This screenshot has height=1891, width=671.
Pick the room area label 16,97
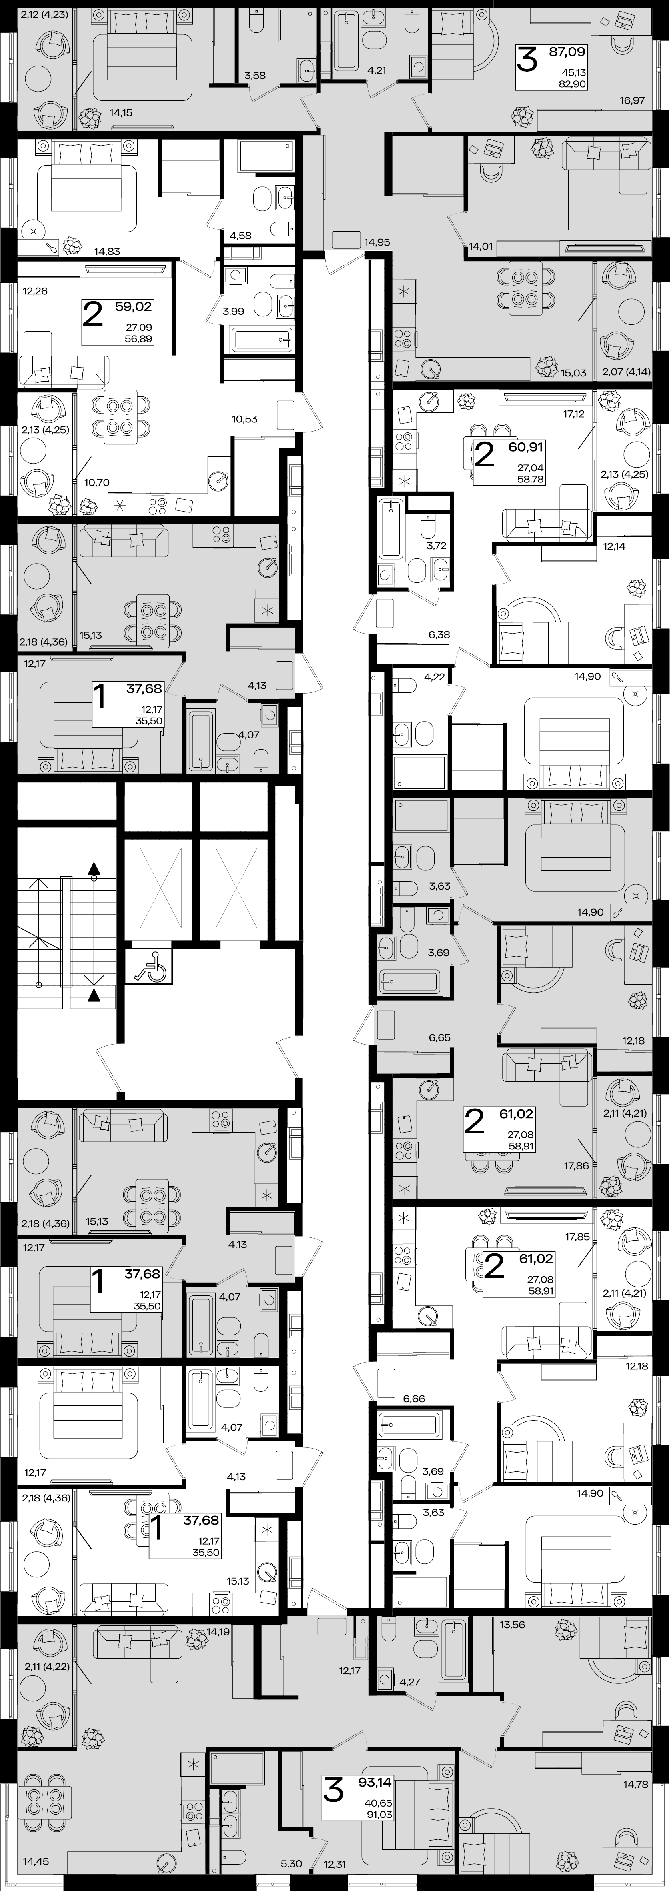pyautogui.click(x=633, y=100)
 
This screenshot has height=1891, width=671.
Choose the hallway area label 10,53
pyautogui.click(x=244, y=419)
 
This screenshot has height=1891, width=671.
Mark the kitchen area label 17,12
pyautogui.click(x=575, y=414)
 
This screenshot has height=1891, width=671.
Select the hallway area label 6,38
pyautogui.click(x=439, y=634)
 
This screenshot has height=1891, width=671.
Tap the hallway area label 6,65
pyautogui.click(x=439, y=1038)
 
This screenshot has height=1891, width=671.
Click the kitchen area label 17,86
pyautogui.click(x=577, y=1165)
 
